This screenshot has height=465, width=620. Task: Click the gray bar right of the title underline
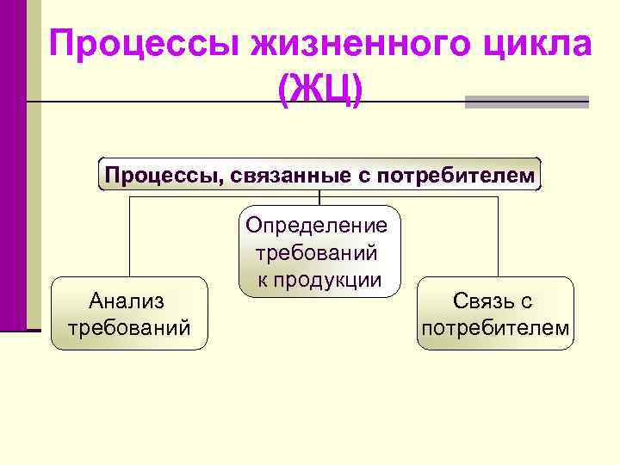pos(526,102)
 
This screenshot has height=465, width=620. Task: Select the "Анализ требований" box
pos(129,313)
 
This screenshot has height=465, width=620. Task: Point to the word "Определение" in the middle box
pos(317,226)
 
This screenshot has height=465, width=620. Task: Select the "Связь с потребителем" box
pos(495,313)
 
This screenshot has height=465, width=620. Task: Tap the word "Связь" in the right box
pos(475,301)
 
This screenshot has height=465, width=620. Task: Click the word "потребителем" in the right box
pos(495,327)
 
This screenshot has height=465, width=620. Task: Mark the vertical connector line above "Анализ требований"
pos(130,237)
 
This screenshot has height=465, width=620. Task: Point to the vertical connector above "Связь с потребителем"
pos(498,237)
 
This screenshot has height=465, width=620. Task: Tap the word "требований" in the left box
pos(129,327)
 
